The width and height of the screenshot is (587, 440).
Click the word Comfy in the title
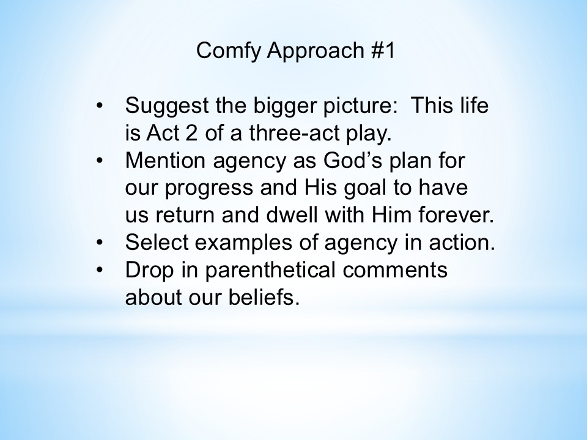point(228,51)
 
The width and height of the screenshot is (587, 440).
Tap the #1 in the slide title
point(383,50)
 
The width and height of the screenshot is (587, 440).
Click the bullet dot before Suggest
point(99,106)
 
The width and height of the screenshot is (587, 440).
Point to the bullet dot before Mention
point(99,161)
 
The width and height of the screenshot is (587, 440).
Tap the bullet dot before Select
point(99,243)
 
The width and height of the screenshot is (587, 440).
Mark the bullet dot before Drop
point(99,269)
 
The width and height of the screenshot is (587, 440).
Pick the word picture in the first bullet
point(360,106)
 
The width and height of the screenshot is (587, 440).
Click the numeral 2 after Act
point(191,133)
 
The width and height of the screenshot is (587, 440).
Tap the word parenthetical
point(270,270)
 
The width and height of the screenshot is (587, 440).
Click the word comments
point(395,270)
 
